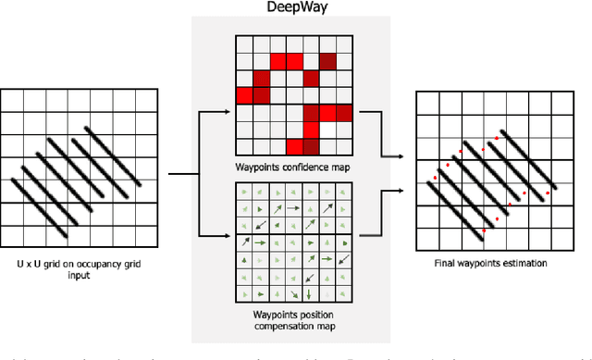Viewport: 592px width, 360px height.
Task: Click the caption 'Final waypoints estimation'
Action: [490, 263]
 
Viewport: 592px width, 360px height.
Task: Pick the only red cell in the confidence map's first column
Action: [244, 95]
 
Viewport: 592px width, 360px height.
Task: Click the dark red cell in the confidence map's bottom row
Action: [311, 147]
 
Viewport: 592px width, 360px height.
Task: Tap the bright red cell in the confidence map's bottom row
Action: [295, 147]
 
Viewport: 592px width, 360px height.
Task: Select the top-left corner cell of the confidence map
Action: [244, 43]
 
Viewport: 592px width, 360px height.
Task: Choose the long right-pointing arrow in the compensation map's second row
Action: [293, 208]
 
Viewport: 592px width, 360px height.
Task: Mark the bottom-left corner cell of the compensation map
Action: [244, 294]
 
